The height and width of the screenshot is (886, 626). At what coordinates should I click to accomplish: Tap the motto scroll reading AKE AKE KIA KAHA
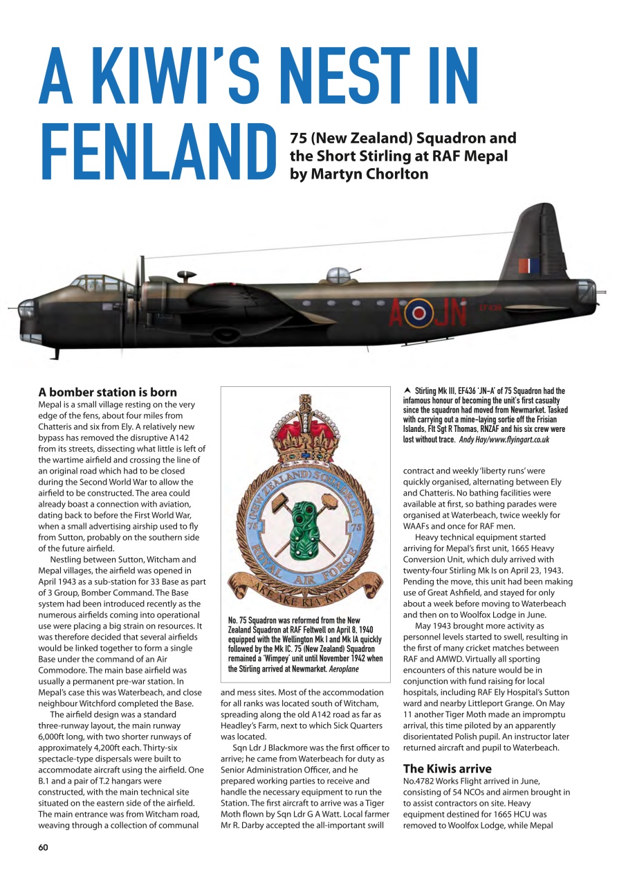[x=305, y=593]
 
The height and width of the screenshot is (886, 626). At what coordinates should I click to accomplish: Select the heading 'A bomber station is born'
[x=107, y=392]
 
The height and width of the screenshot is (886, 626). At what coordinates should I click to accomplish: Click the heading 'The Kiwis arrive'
[x=447, y=768]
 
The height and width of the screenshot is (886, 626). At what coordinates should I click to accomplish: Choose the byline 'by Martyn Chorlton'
[x=358, y=174]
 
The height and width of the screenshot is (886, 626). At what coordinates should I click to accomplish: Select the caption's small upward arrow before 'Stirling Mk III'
[x=407, y=391]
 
